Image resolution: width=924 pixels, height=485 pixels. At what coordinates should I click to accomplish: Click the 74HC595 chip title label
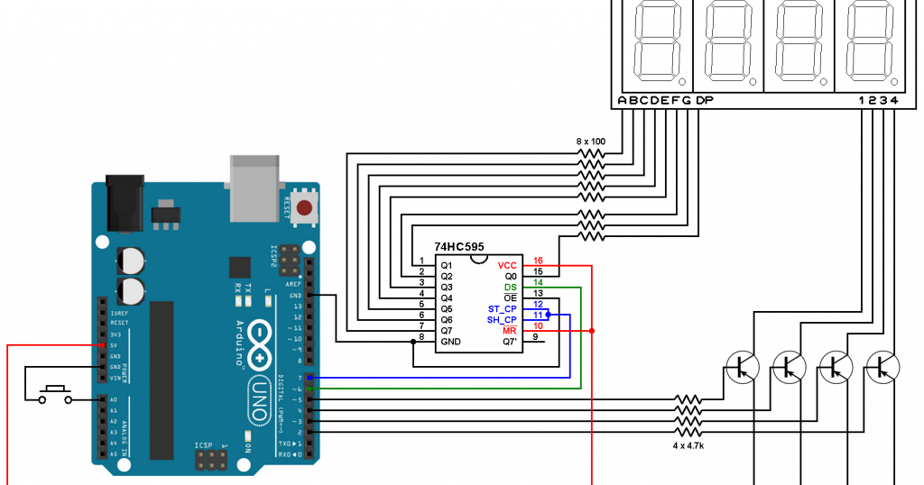pyautogui.click(x=458, y=246)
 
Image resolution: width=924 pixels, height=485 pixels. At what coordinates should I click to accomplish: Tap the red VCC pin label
pyautogui.click(x=507, y=264)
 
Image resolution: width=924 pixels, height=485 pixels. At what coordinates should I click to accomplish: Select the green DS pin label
pyautogui.click(x=510, y=286)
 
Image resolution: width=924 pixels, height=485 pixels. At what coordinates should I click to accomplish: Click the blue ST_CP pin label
pyautogui.click(x=502, y=308)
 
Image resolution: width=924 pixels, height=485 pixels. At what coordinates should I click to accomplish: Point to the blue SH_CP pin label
pyautogui.click(x=502, y=319)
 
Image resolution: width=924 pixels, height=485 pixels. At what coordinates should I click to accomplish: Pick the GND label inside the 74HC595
pyautogui.click(x=450, y=342)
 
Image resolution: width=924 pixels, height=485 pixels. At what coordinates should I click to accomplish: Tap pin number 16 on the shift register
pyautogui.click(x=538, y=261)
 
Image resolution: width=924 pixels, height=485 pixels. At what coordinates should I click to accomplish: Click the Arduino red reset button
pyautogui.click(x=305, y=209)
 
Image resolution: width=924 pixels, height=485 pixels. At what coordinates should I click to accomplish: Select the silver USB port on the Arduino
pyautogui.click(x=257, y=187)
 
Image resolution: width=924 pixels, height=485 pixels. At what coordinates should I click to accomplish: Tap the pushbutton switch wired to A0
pyautogui.click(x=56, y=394)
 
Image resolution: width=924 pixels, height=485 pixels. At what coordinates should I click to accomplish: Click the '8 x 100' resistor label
pyautogui.click(x=590, y=142)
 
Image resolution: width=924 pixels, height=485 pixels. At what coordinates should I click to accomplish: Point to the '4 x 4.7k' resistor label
pyautogui.click(x=688, y=444)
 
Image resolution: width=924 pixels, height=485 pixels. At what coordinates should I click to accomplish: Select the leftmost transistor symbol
pyautogui.click(x=742, y=366)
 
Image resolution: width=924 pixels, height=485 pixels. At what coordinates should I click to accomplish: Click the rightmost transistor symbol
pyautogui.click(x=882, y=366)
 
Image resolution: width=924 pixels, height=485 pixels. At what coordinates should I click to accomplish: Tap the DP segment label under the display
pyautogui.click(x=704, y=100)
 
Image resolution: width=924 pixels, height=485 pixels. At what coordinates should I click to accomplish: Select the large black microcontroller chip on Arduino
pyautogui.click(x=162, y=379)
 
